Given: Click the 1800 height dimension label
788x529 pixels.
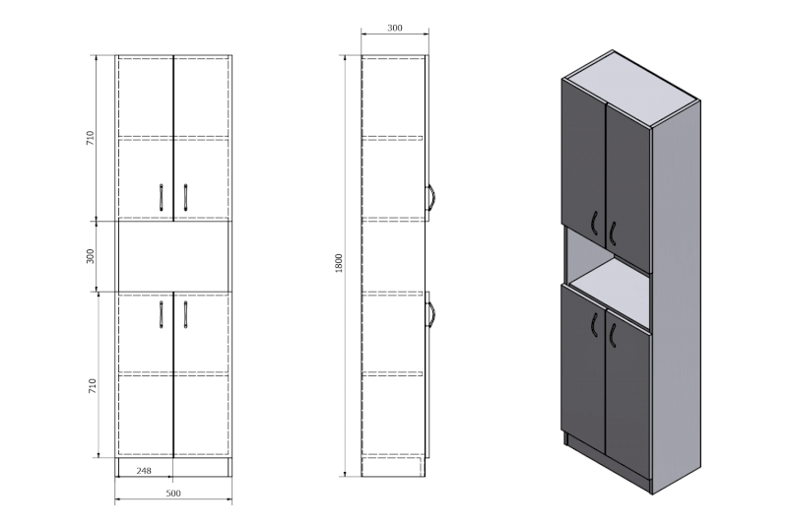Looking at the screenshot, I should (339, 264).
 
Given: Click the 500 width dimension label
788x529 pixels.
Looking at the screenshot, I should (173, 493).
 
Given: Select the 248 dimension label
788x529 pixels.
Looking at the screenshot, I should (145, 471).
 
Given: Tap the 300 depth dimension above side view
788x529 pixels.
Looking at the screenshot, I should (394, 29).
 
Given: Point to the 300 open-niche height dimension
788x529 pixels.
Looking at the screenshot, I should (91, 256).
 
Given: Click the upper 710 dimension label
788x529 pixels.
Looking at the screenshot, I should (91, 138).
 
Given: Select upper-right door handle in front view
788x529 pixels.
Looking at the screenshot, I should (184, 197).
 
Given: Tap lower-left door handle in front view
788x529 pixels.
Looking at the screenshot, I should (162, 314).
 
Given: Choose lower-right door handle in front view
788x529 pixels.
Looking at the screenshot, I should (184, 314).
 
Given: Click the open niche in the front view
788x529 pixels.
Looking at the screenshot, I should (173, 256).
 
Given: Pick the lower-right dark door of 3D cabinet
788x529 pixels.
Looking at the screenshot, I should (627, 394).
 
